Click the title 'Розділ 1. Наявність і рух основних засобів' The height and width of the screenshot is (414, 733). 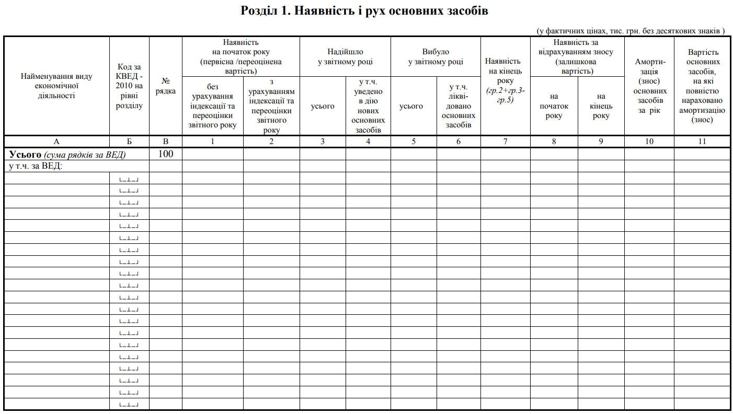point(364,11)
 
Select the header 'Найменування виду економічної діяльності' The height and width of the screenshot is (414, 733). point(56,86)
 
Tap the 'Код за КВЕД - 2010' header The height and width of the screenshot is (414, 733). point(129,86)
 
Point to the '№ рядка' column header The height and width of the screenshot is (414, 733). point(166,86)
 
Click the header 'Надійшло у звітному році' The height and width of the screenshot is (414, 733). point(345,56)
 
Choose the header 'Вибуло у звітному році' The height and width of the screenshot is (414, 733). point(436,56)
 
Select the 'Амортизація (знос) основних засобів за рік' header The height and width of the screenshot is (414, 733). point(649,86)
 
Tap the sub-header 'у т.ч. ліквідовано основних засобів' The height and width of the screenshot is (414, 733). point(459,106)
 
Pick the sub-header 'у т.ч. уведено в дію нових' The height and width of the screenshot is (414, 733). point(368,106)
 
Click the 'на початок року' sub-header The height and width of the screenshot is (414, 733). point(554,106)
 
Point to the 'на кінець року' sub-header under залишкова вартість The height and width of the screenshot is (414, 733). point(601,106)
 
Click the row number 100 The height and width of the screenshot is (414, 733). point(166,154)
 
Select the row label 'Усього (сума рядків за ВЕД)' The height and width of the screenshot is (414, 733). point(67,155)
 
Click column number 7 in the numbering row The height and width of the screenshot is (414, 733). point(505,141)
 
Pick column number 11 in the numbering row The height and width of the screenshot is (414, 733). point(702,141)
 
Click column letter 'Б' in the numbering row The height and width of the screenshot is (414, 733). point(129,141)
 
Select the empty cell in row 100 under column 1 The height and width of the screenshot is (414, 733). point(212,154)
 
